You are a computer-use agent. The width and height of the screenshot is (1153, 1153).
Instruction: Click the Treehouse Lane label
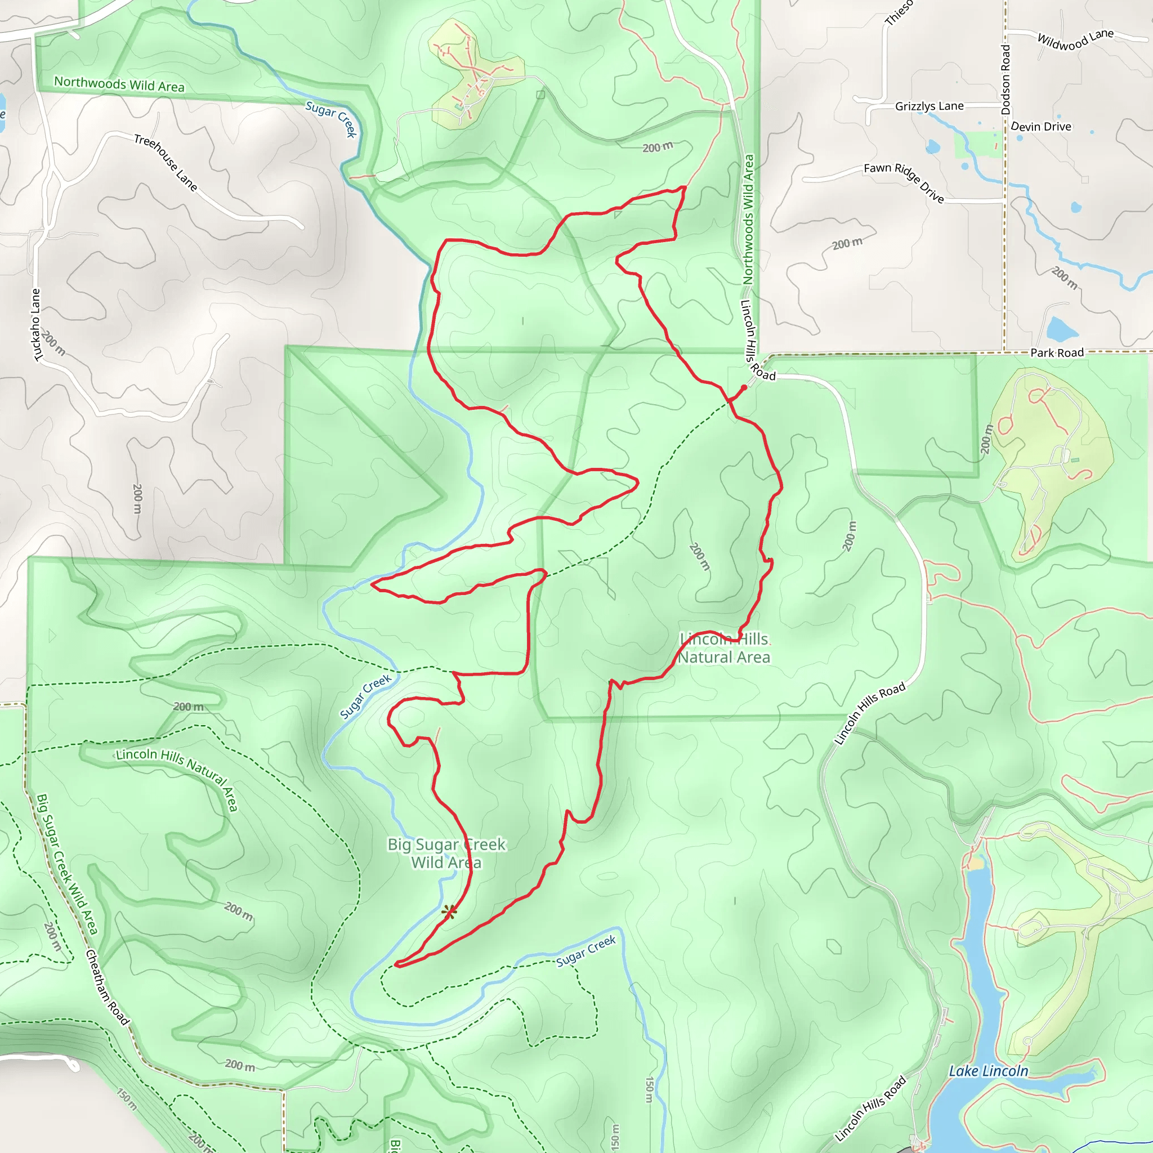point(166,162)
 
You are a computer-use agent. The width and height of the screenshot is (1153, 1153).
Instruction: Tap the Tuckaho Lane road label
point(37,325)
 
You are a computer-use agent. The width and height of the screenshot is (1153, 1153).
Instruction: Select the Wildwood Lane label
point(1075,40)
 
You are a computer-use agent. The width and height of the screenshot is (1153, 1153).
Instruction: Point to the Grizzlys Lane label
point(929,106)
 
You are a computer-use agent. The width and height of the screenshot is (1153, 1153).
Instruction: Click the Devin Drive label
point(1041,127)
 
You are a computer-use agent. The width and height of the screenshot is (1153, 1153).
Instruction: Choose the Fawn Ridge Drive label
point(904,182)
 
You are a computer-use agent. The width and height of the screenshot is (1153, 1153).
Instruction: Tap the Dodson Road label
point(1006,79)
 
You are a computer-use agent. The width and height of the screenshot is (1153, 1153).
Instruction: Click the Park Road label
point(1057,352)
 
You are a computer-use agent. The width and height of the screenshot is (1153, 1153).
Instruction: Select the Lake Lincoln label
point(989,1071)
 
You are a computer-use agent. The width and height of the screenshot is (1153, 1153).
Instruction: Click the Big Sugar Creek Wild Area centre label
point(446,853)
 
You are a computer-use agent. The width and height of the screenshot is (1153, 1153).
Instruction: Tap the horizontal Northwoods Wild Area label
point(119,84)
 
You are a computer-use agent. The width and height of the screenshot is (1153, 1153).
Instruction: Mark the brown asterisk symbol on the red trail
point(449,911)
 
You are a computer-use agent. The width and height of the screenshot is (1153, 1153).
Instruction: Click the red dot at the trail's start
point(744,388)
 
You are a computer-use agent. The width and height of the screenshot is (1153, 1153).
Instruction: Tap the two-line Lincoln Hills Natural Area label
point(724,648)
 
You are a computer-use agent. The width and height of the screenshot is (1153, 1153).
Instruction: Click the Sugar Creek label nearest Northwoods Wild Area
point(331,118)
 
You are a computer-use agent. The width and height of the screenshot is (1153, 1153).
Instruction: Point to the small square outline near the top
point(540,94)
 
